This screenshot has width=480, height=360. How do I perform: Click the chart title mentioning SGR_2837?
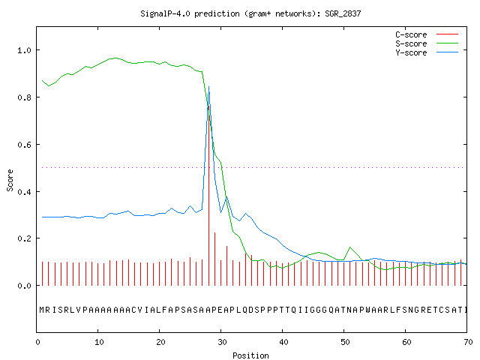pos(250,13)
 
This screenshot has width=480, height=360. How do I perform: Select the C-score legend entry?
pos(427,34)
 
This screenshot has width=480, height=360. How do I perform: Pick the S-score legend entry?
pos(427,43)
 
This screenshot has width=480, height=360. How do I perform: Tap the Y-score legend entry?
pos(427,52)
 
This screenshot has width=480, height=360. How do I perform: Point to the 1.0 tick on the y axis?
pos(24,50)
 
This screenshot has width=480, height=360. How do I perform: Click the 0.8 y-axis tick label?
pos(24,97)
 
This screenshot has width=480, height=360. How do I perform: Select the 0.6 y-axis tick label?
pos(24,145)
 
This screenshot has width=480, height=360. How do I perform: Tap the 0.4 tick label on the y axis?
pos(24,192)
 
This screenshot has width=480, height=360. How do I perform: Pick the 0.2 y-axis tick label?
pos(24,238)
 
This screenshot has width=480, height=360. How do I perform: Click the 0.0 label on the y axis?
pos(24,286)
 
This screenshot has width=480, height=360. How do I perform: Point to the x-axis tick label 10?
pos(99,342)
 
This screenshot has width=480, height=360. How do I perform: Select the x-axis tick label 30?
pos(222,342)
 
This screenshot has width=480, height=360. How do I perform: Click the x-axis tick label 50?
pos(345,342)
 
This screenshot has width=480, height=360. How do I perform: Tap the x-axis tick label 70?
pos(468,342)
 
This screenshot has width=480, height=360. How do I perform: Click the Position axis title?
pos(250,355)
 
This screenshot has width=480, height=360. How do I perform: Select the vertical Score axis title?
pos(10,180)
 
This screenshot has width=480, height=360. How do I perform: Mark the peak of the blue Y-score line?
pos(208,87)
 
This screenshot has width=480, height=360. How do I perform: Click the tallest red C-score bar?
pos(208,196)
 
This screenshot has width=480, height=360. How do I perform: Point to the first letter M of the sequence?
pos(42,310)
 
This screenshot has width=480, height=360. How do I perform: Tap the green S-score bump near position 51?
pos(350,247)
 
